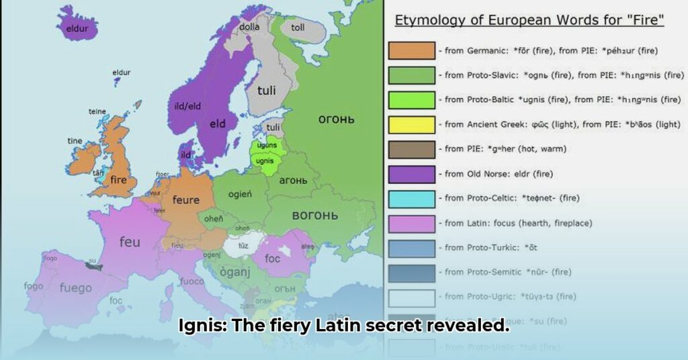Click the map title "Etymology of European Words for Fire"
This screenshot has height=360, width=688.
(529, 21)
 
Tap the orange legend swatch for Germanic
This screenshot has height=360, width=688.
(411, 51)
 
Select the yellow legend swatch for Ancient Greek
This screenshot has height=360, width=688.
(411, 124)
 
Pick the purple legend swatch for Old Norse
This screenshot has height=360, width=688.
(411, 174)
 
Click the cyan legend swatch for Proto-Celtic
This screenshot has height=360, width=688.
(411, 198)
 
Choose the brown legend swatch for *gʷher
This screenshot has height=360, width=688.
(411, 149)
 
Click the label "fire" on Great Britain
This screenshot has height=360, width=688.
(118, 180)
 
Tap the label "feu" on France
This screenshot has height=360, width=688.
(130, 242)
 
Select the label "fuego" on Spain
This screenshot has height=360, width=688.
(75, 288)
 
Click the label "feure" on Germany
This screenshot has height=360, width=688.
(185, 199)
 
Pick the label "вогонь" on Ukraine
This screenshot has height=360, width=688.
(314, 215)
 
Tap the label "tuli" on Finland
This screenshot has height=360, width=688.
(267, 89)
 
